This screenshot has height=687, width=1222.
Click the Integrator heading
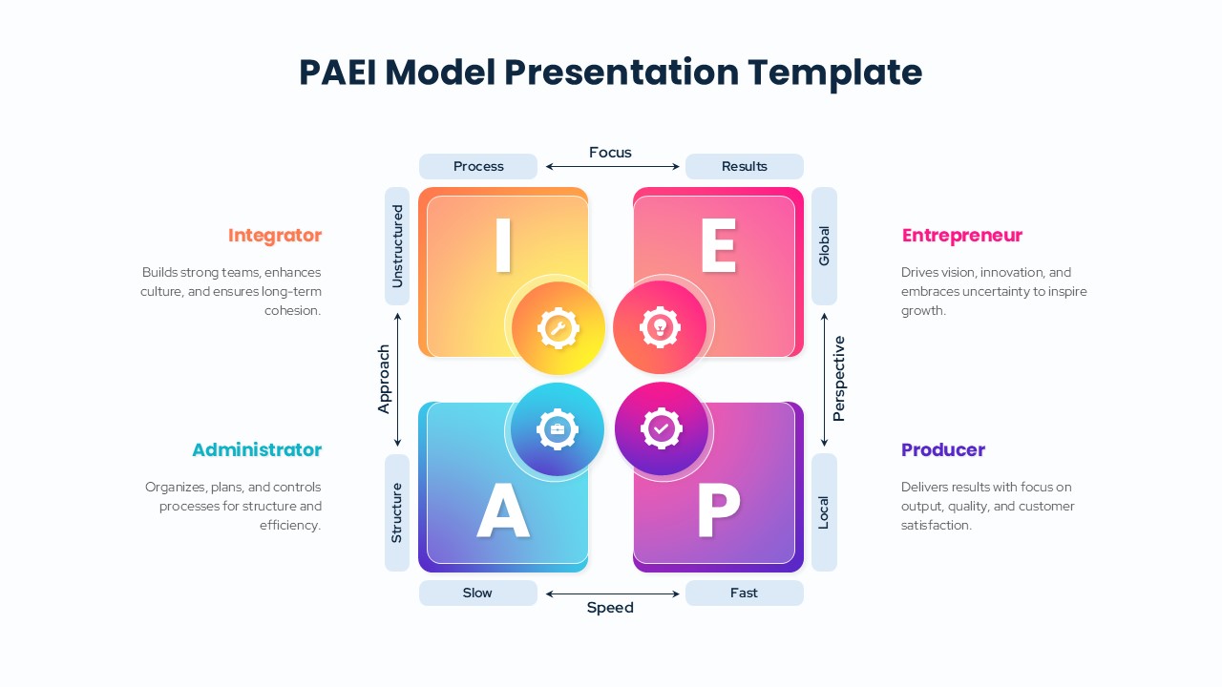[x=275, y=236]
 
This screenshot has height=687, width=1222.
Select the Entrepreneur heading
[x=961, y=236]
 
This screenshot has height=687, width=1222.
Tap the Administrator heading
[x=257, y=449]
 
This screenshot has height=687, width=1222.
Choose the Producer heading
[x=942, y=449]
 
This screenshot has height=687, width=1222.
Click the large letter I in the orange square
[x=503, y=246]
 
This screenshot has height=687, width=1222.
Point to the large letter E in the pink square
[x=718, y=246]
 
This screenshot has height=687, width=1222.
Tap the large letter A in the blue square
[x=503, y=512]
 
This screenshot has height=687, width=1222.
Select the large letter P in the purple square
[x=718, y=512]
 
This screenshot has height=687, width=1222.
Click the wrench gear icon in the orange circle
[x=558, y=328]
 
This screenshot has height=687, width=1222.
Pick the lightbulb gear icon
[x=660, y=328]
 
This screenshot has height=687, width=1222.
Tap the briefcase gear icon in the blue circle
[x=558, y=429]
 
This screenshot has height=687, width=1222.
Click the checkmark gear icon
[x=661, y=429]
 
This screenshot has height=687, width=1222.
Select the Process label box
[x=478, y=166]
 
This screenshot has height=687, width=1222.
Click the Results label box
[x=745, y=166]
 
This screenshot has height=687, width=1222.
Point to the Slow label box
[x=478, y=593]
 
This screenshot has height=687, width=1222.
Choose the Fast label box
[x=745, y=593]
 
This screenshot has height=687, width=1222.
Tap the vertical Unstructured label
[x=397, y=246]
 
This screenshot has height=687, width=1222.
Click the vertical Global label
[x=824, y=246]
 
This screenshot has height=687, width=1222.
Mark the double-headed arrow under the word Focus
[x=611, y=167]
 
